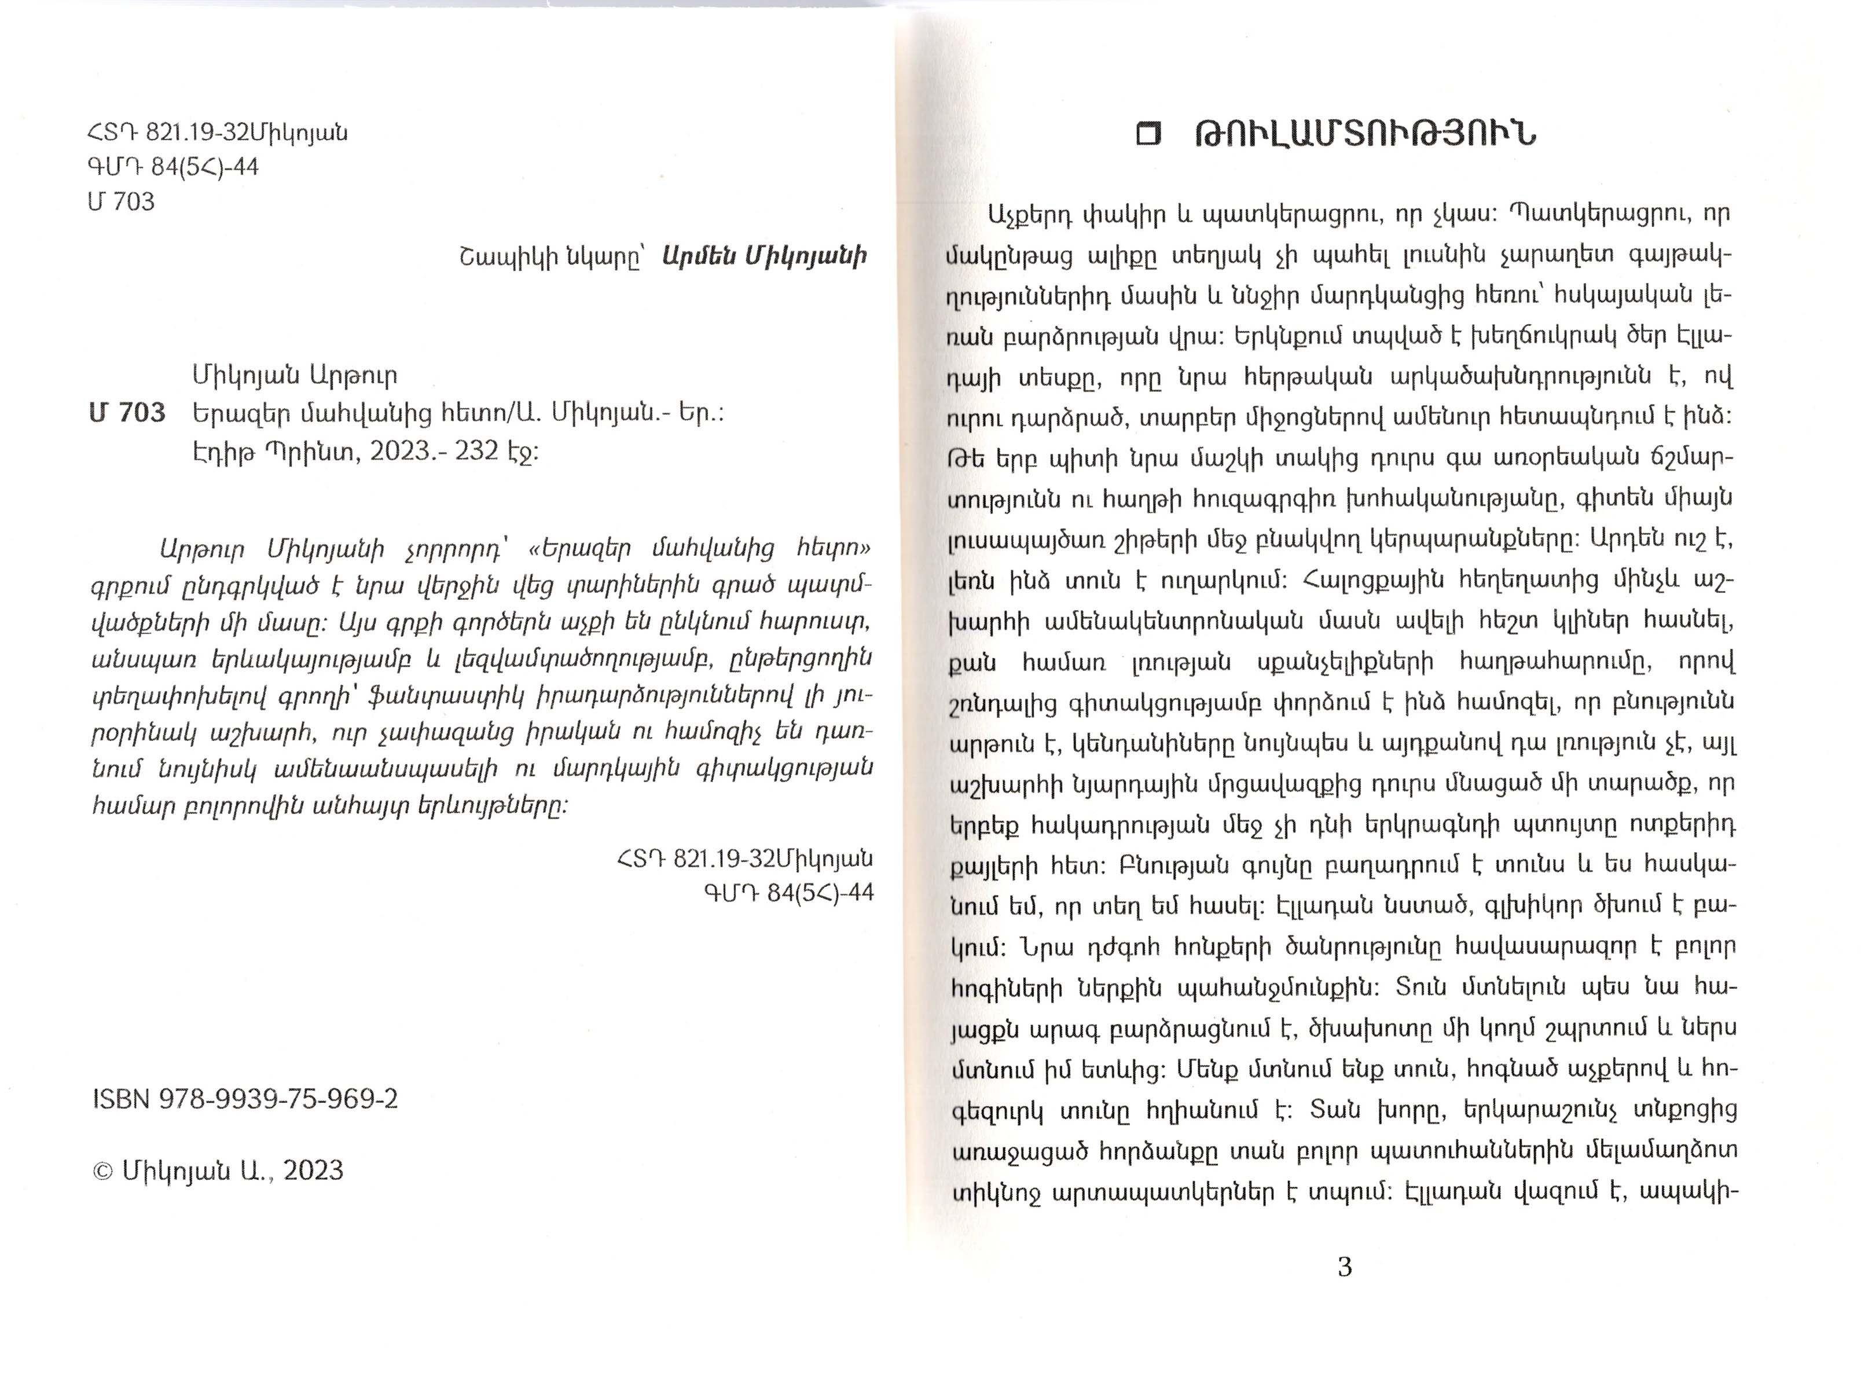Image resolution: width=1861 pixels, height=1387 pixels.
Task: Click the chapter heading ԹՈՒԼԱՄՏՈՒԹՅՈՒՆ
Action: point(1365,135)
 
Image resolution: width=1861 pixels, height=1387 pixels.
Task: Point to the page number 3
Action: point(1344,1267)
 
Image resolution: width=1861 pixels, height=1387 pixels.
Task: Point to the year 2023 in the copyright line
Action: point(313,1171)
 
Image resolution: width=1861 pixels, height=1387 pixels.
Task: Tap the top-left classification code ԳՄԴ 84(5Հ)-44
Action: point(173,167)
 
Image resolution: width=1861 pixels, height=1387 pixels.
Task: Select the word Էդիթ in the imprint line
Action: point(221,453)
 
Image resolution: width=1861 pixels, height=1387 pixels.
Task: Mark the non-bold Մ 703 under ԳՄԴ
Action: point(121,201)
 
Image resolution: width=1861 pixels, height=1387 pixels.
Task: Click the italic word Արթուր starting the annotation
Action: point(201,550)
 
